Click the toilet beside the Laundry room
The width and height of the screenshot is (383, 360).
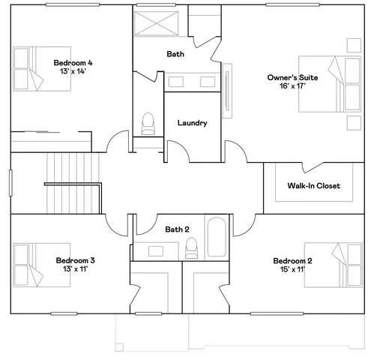148,122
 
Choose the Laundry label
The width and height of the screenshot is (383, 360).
192,123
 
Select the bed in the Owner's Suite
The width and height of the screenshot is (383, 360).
330,83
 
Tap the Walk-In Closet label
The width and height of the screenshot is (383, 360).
313,185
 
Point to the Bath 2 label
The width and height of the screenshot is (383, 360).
177,229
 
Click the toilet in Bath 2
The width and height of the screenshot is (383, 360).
192,247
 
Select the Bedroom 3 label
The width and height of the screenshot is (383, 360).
75,260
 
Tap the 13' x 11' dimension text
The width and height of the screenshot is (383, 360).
75,269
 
